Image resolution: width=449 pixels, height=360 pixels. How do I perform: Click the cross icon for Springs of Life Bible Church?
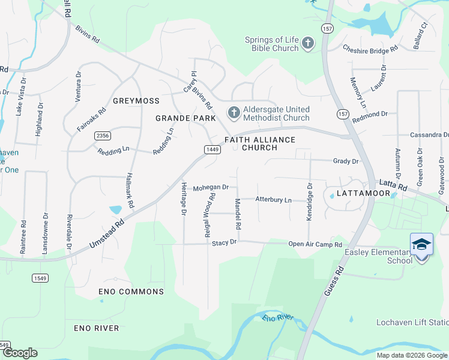tap(307, 43)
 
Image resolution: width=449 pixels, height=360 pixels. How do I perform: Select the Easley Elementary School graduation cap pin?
tap(421, 245)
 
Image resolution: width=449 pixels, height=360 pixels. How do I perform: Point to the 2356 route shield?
tap(102, 136)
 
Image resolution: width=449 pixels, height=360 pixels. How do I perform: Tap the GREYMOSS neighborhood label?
tap(136, 101)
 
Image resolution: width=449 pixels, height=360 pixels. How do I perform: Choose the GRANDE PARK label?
tap(185, 118)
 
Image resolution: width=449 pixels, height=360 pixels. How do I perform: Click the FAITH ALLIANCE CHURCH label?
tap(260, 143)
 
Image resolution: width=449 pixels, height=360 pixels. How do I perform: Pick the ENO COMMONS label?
tap(131, 292)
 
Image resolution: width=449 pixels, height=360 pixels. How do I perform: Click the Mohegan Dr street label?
tap(211, 187)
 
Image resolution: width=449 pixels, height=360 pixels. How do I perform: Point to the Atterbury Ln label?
tap(273, 199)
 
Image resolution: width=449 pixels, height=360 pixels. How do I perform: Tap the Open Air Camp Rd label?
tap(315, 244)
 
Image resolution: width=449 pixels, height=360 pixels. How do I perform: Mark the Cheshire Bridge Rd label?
tap(370, 49)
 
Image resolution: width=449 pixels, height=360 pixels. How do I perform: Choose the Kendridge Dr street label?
tap(310, 202)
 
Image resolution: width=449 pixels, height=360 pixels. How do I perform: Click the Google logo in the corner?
tap(20, 353)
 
